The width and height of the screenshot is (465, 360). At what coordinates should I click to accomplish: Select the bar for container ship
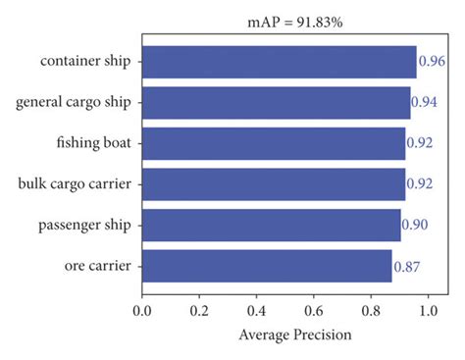pyautogui.click(x=280, y=61)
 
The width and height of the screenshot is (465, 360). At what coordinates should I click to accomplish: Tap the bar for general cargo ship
pyautogui.click(x=277, y=102)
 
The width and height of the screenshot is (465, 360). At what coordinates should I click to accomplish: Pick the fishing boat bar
pyautogui.click(x=274, y=143)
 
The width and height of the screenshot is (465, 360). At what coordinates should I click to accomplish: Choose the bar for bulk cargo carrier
pyautogui.click(x=274, y=183)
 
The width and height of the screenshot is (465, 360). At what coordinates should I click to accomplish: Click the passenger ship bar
pyautogui.click(x=271, y=225)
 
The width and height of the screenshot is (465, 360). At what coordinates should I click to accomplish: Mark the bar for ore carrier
pyautogui.click(x=267, y=266)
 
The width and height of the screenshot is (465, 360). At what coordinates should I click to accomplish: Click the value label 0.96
pyautogui.click(x=432, y=62)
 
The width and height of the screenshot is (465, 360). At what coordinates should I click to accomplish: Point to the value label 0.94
pyautogui.click(x=426, y=103)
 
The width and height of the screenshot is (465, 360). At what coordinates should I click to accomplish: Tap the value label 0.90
pyautogui.click(x=415, y=226)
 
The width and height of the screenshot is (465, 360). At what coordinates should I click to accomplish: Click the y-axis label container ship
pyautogui.click(x=86, y=62)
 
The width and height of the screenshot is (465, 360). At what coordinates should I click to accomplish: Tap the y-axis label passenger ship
pyautogui.click(x=85, y=226)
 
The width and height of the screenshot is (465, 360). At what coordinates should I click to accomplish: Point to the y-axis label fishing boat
pyautogui.click(x=95, y=143)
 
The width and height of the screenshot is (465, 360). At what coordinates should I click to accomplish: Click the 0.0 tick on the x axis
pyautogui.click(x=142, y=311)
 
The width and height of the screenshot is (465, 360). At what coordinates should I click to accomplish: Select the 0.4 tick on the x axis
pyautogui.click(x=256, y=311)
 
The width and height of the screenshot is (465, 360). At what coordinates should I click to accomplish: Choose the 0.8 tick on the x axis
pyautogui.click(x=371, y=311)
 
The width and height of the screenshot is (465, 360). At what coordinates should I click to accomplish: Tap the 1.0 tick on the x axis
pyautogui.click(x=428, y=311)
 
